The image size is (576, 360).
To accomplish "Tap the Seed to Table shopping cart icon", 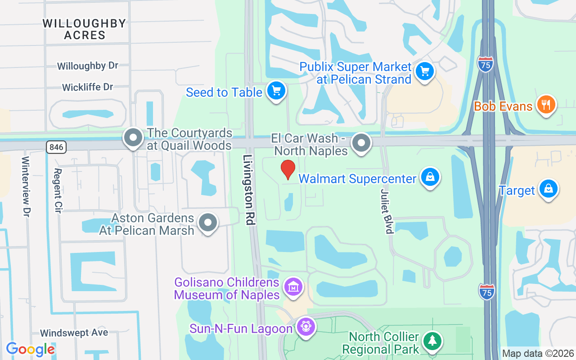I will click(276, 91).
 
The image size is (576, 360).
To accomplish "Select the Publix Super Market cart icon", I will click(424, 71).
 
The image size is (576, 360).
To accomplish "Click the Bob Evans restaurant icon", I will click(546, 105).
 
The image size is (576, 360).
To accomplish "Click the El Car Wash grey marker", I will click(360, 143).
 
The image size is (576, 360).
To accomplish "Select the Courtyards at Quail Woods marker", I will click(133, 138).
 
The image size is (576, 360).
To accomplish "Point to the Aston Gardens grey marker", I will click(208, 222).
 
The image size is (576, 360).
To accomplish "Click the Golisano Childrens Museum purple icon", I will click(293, 287).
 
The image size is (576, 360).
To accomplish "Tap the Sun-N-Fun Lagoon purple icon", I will click(306, 326).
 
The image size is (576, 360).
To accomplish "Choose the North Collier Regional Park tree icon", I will click(432, 341).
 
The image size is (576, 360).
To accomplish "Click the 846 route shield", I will click(56, 147).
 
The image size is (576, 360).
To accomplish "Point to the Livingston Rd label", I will click(249, 189).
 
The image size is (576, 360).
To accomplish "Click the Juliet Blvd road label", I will click(387, 211).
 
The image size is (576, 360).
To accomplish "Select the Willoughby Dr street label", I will click(88, 66).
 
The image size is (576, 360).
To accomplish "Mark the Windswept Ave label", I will click(74, 333).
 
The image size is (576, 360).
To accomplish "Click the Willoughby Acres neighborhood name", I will click(85, 29).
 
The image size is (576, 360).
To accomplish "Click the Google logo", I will click(30, 349).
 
